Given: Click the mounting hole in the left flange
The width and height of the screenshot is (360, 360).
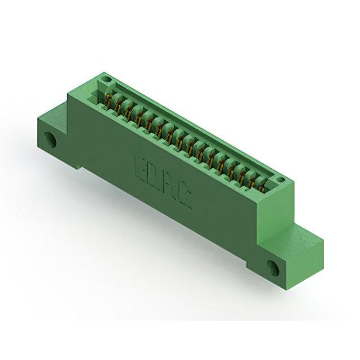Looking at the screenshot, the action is pos(51,139).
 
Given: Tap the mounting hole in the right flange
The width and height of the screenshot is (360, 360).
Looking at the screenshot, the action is pos(273,268).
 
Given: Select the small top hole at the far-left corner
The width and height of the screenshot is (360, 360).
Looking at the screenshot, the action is pos(106,79).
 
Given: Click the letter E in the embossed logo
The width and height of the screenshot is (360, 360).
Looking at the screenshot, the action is pos(139,167).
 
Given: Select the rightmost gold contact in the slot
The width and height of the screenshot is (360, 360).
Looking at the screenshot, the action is pos(262,186).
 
